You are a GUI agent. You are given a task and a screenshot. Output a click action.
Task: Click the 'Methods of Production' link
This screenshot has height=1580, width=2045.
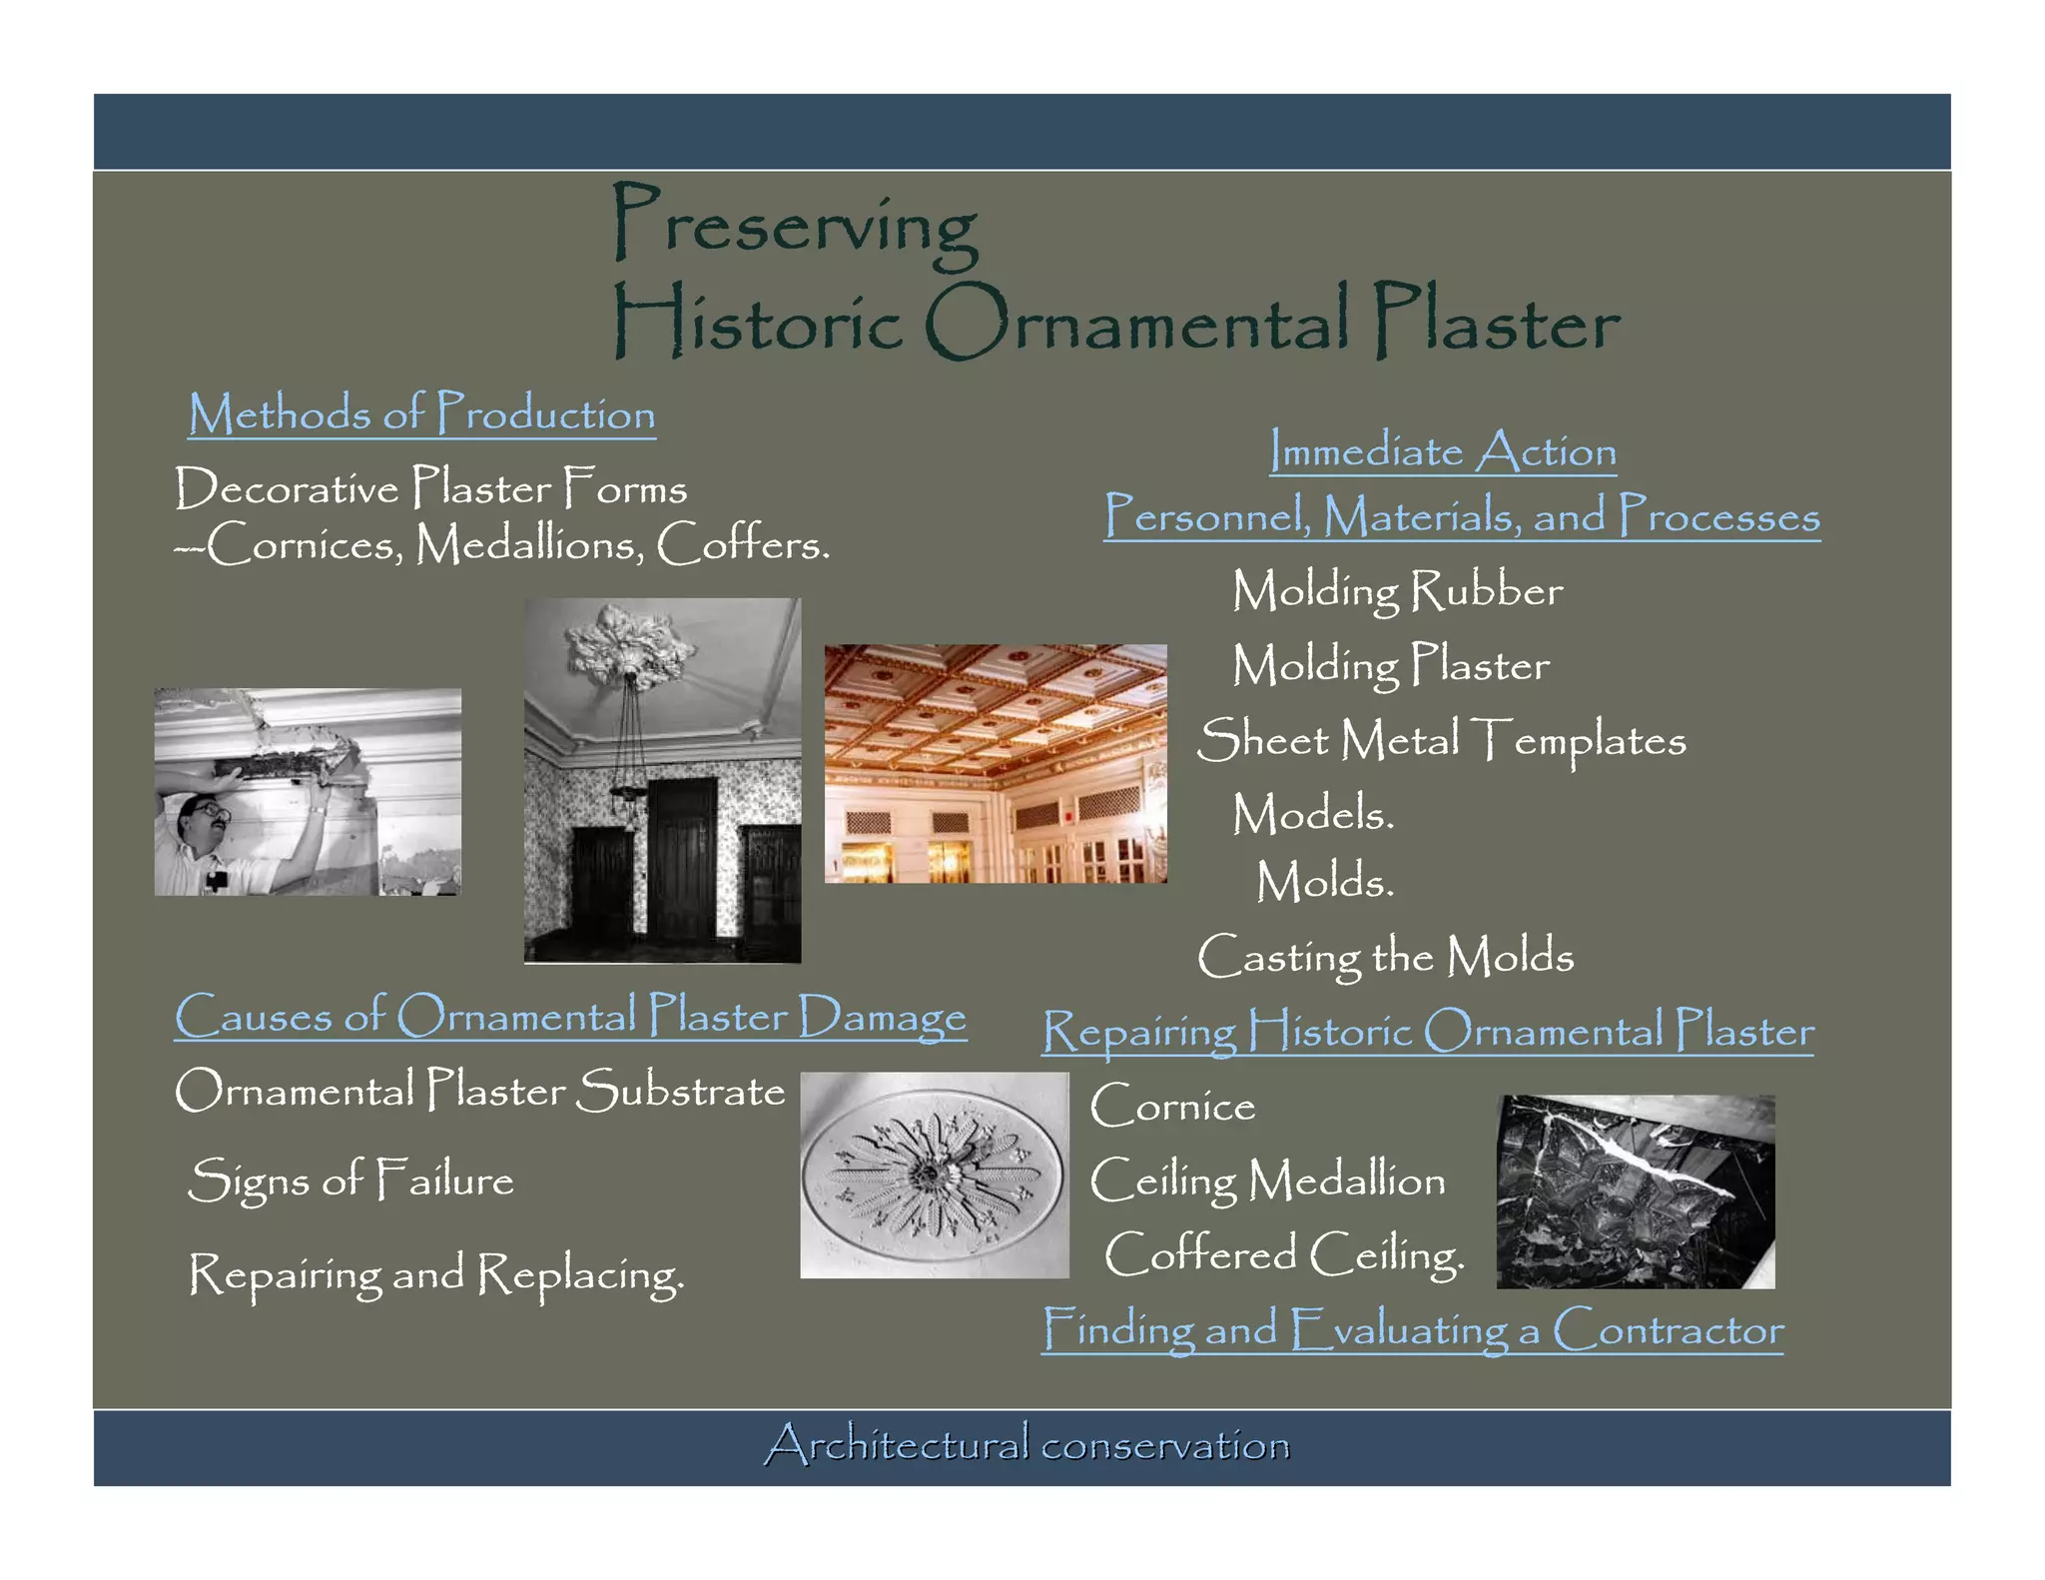point(421,413)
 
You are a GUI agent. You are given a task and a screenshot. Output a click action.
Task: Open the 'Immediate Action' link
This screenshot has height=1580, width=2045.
point(1443,451)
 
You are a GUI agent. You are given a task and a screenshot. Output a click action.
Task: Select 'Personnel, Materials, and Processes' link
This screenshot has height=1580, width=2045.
point(1462,515)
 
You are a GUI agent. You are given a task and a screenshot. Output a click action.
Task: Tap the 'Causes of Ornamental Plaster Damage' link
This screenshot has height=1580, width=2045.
point(570,1016)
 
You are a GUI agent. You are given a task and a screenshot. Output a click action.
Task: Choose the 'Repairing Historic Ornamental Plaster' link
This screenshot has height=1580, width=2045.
point(1428,1031)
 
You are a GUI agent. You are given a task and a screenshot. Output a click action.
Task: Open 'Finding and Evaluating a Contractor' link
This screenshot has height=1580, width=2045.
point(1412,1330)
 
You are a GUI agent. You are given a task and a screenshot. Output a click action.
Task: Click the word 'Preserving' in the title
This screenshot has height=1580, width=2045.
point(795,224)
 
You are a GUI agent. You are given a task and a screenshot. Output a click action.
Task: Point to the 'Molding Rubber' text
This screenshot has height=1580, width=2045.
point(1397,590)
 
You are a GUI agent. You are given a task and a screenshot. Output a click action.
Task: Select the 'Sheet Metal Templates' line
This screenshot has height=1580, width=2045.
point(1441,740)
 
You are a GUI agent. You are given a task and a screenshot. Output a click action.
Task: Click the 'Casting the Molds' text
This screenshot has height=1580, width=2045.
point(1385,957)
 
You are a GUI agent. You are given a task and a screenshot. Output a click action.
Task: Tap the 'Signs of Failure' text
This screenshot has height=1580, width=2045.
point(350,1181)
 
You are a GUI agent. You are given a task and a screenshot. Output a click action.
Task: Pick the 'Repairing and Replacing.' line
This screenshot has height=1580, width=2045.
point(436,1275)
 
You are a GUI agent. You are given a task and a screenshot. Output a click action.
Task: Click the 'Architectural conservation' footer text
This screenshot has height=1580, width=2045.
point(1027,1445)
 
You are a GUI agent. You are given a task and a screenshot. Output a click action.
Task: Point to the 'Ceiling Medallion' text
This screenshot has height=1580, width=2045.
point(1267,1181)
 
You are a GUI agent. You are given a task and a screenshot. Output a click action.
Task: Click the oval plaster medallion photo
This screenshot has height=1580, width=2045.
point(934,1175)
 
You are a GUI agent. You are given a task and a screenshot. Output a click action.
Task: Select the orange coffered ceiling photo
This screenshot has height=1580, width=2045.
point(995,763)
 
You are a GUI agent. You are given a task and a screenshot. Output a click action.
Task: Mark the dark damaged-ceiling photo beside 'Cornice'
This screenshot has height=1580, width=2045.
point(1635,1191)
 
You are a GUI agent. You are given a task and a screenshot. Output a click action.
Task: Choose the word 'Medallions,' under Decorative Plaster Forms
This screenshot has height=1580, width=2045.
point(529,545)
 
